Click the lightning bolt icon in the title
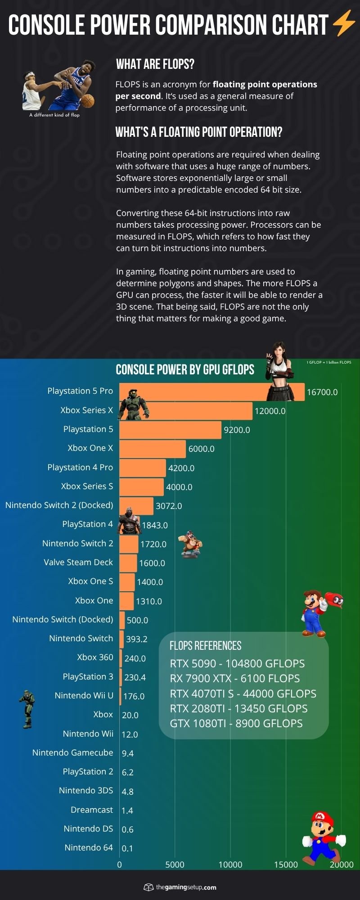(344, 24)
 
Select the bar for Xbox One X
(153, 449)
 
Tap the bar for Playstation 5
(170, 430)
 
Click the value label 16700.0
(322, 392)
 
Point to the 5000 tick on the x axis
(175, 864)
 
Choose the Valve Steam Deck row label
(78, 562)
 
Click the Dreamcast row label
(92, 810)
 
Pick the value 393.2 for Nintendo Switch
(137, 639)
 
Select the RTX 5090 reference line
(237, 664)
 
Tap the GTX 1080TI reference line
(236, 724)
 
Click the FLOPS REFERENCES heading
(205, 646)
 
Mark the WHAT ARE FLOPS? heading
(155, 64)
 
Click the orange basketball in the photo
(88, 100)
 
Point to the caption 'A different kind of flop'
(54, 115)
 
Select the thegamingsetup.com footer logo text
(186, 887)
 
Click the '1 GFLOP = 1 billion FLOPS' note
(329, 362)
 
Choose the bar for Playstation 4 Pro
(143, 468)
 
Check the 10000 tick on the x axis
(230, 864)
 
